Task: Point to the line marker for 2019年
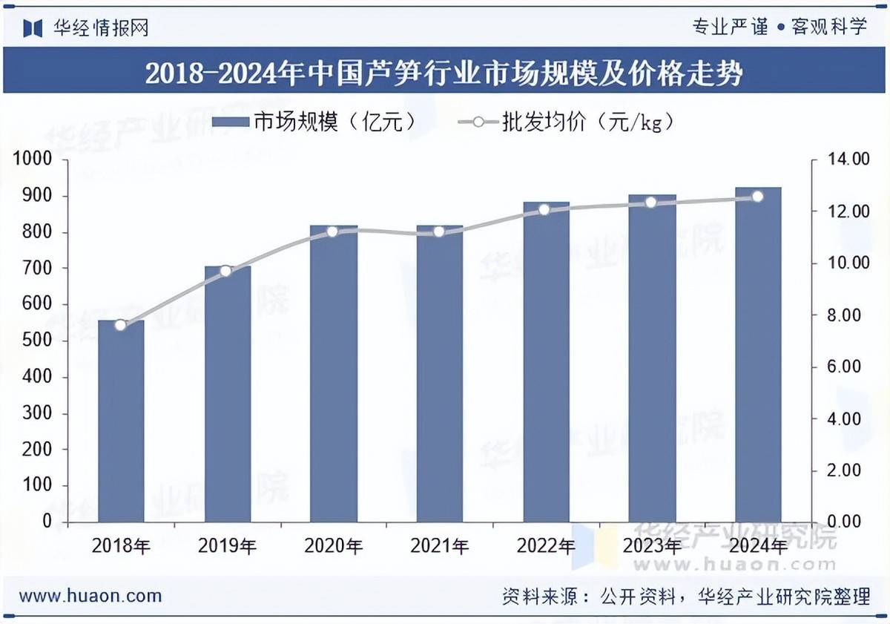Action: tap(226, 272)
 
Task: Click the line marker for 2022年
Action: tap(544, 210)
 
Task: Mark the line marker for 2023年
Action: tap(650, 202)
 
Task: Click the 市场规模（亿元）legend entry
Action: tap(312, 122)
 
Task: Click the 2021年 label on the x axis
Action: tap(439, 547)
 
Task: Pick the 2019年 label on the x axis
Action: tap(227, 547)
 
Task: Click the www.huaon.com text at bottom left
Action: tap(90, 595)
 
